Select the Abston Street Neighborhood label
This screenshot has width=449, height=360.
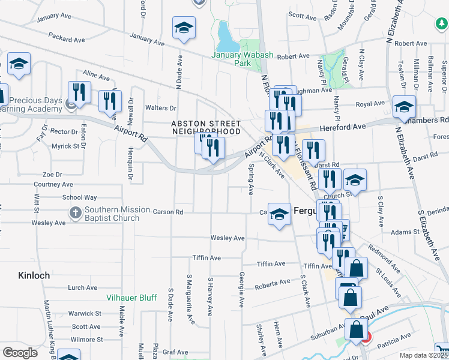(x=206, y=127)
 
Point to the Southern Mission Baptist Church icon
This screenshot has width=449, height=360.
(x=75, y=212)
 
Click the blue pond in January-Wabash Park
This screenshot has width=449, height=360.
(x=226, y=38)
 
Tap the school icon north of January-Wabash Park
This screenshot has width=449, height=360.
(x=184, y=28)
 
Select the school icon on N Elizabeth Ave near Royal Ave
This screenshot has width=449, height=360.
(x=404, y=107)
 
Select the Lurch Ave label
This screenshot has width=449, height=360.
(x=83, y=287)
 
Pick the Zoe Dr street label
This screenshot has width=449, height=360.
(x=52, y=174)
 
